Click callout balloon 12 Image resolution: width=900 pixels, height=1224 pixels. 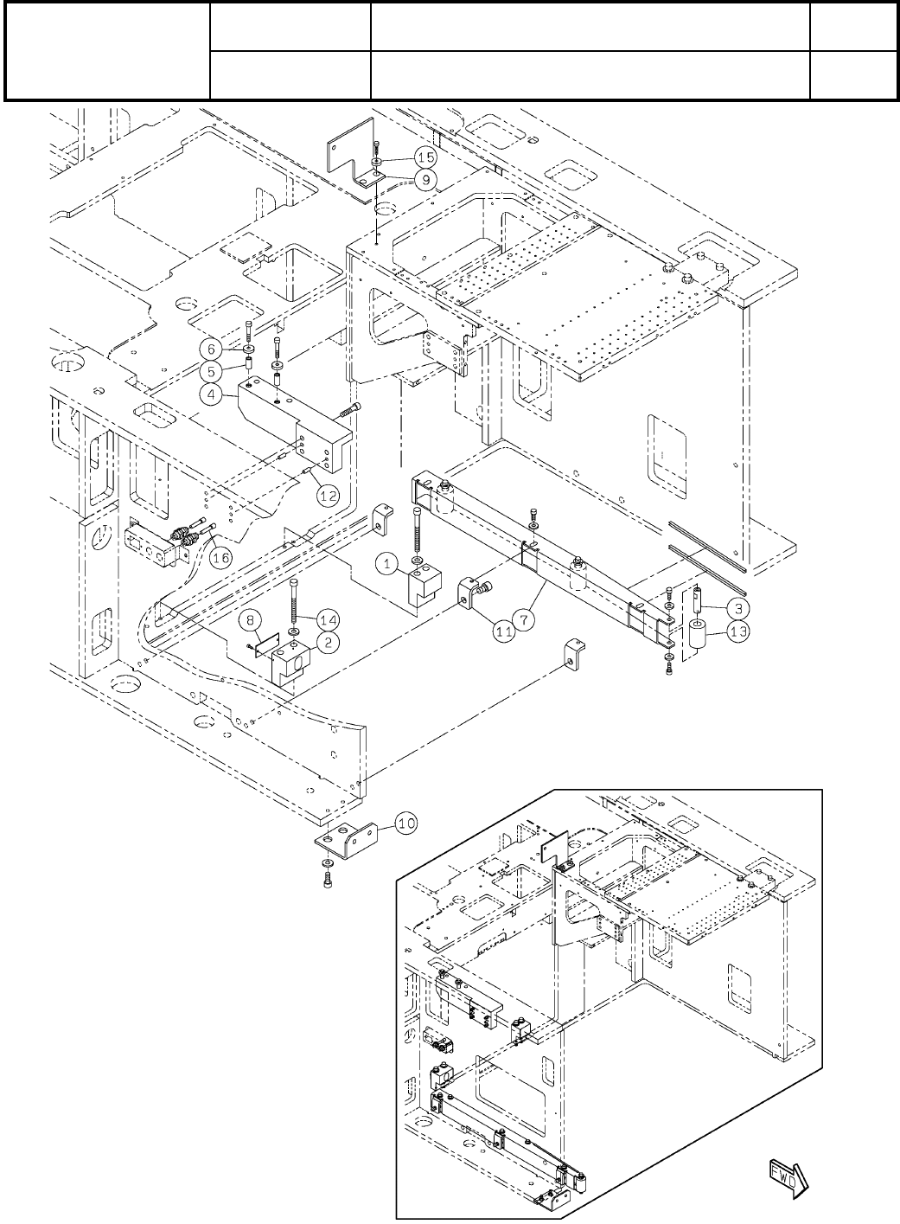coord(327,495)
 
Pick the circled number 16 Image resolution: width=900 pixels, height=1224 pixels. coord(221,558)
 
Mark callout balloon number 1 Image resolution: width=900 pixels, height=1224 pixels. coord(389,563)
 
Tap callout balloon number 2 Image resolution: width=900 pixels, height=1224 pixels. coord(303,641)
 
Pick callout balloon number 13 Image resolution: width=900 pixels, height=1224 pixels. coord(737,631)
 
